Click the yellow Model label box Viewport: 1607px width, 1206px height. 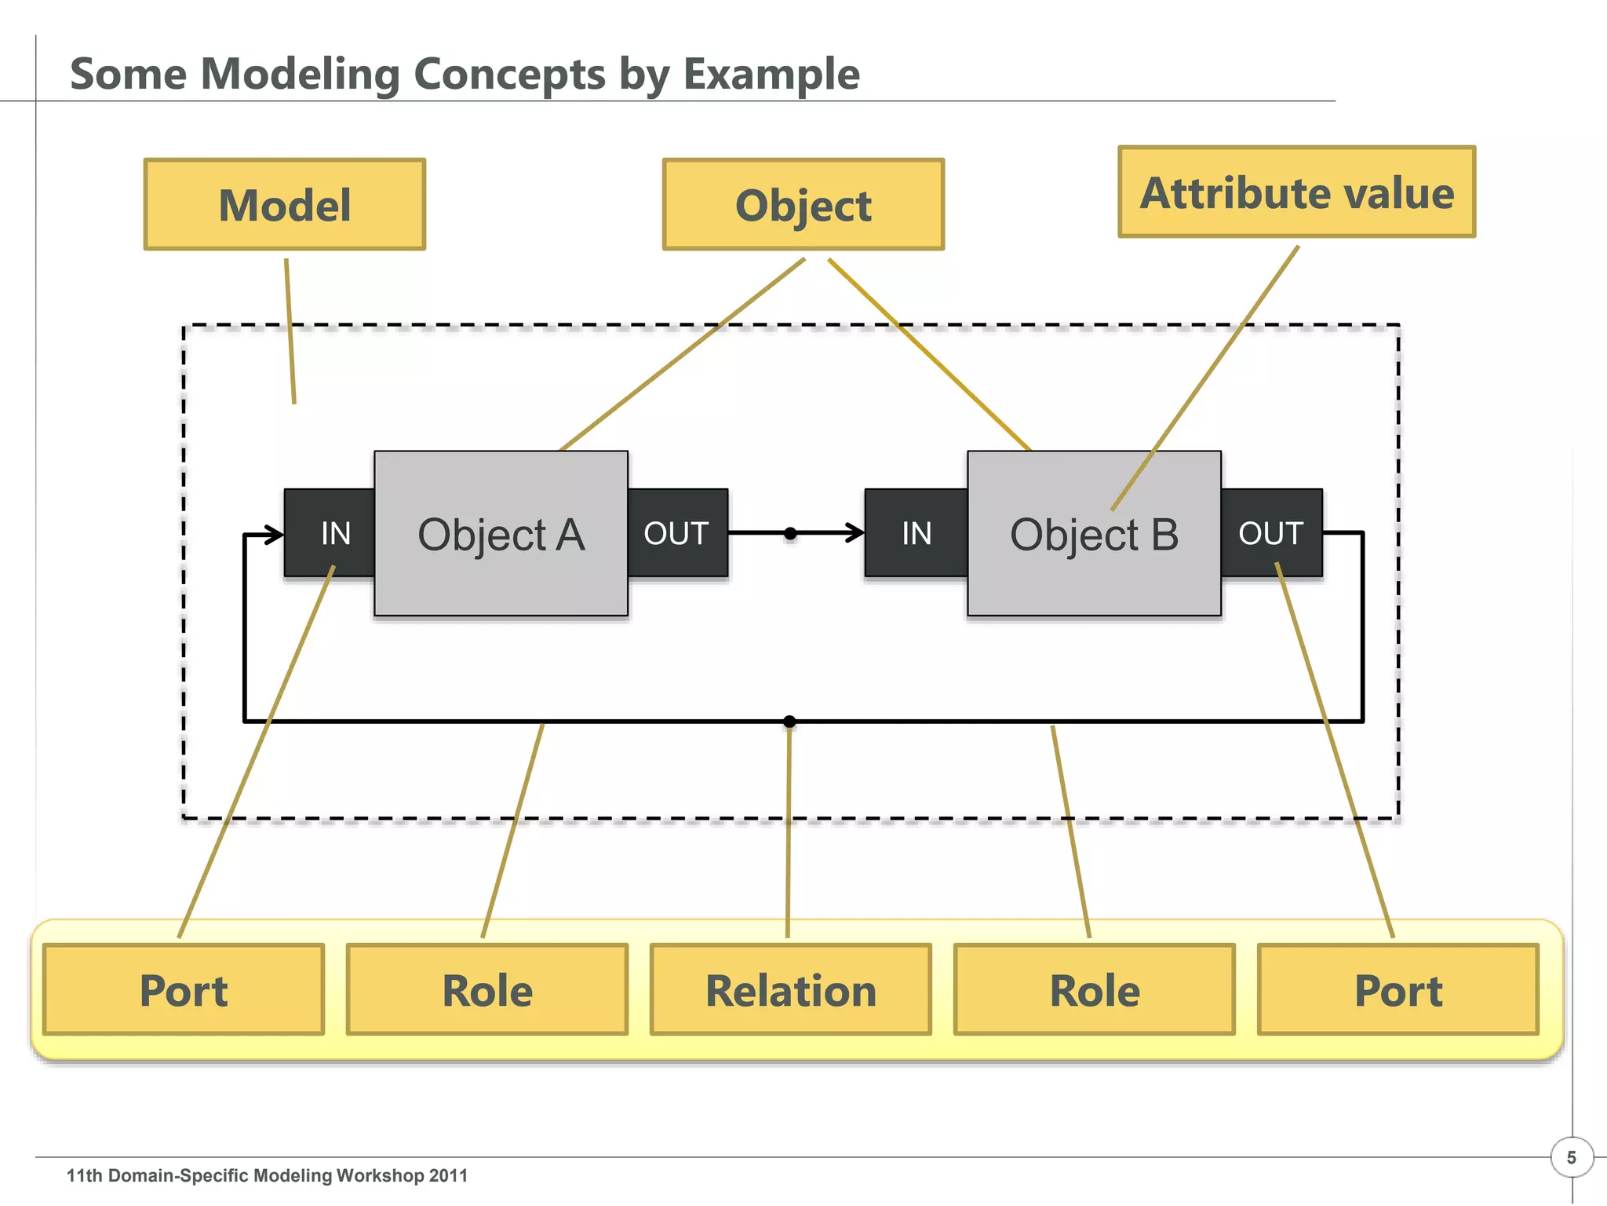285,205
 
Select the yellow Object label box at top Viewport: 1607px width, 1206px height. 803,205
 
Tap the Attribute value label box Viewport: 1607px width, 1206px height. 1296,192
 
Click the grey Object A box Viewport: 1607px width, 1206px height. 501,534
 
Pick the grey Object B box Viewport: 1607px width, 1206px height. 1094,534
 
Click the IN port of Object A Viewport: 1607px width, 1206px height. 330,533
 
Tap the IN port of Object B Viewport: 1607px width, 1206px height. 916,533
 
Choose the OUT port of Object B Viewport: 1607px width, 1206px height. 1271,533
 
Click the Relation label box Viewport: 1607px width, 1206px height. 791,990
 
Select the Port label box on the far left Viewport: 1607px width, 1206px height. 184,990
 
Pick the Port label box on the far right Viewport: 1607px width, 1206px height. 1398,990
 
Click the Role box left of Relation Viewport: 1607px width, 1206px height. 487,990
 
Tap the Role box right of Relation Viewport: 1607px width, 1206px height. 1095,990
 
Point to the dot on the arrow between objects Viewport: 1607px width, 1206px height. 790,534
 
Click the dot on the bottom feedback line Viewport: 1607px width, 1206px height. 789,721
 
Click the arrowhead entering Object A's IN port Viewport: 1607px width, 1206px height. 275,535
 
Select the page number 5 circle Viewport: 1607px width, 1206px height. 1571,1157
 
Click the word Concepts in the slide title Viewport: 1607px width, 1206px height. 509,75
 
